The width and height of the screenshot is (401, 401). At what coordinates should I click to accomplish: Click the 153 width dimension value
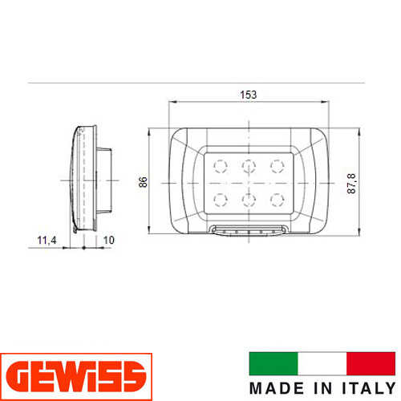tap(249, 95)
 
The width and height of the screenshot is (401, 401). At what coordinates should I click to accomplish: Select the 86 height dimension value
tap(143, 182)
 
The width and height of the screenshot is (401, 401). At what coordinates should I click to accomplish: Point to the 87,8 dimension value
tap(351, 184)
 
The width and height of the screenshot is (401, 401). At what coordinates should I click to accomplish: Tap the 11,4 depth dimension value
tap(47, 240)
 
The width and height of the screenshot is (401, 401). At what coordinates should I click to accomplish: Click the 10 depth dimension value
tap(109, 240)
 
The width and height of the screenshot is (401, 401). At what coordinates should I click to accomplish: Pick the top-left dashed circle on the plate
tap(221, 166)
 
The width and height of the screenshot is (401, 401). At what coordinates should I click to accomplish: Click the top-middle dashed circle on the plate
tap(249, 166)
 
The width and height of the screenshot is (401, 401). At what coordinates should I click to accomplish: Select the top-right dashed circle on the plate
tap(277, 166)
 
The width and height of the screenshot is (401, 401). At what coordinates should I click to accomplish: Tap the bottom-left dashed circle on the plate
tap(221, 200)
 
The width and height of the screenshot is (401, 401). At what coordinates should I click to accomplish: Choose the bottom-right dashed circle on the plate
tap(277, 200)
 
